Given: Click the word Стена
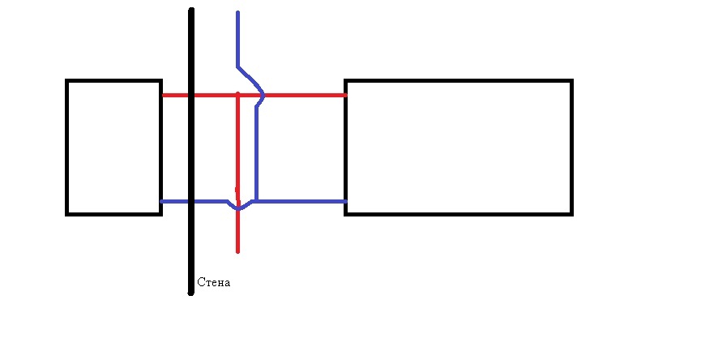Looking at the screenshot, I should click(214, 283).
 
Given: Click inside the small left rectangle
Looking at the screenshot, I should click(113, 147).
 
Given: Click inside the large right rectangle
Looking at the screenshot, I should click(459, 147).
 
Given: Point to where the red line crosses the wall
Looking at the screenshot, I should click(191, 95).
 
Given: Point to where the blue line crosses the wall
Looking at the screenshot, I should click(191, 201).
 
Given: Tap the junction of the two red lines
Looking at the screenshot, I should click(237, 95).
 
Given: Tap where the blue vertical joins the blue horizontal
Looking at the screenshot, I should click(256, 200).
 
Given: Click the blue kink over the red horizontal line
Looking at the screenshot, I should click(262, 96).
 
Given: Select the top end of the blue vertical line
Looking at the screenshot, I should click(237, 13).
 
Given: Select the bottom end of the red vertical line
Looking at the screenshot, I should click(237, 251).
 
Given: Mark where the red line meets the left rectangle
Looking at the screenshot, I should click(162, 95).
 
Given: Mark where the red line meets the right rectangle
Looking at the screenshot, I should click(346, 95).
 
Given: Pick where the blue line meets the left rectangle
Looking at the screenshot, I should click(162, 201).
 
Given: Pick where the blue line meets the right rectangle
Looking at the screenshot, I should click(346, 201).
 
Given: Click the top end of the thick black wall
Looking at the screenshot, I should click(191, 10).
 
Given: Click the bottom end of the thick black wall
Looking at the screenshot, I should click(191, 293).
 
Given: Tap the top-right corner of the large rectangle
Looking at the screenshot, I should click(571, 81).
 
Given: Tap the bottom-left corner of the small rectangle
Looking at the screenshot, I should click(67, 213).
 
